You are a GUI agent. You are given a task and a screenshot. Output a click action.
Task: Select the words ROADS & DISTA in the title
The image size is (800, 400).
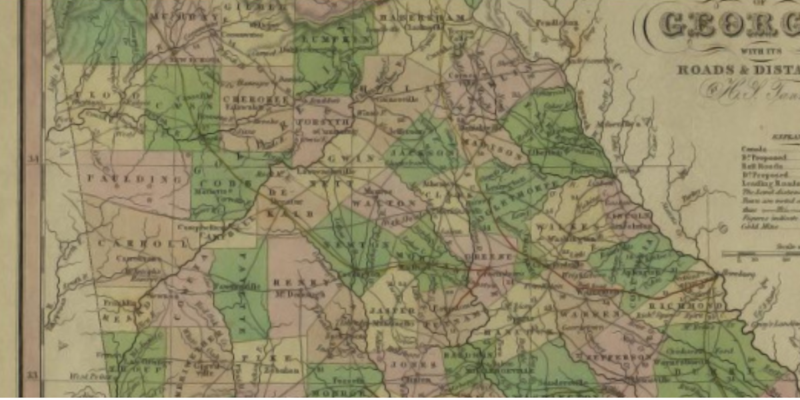[737, 69]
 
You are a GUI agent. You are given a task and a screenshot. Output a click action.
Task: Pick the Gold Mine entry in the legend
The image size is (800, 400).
[756, 226]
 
